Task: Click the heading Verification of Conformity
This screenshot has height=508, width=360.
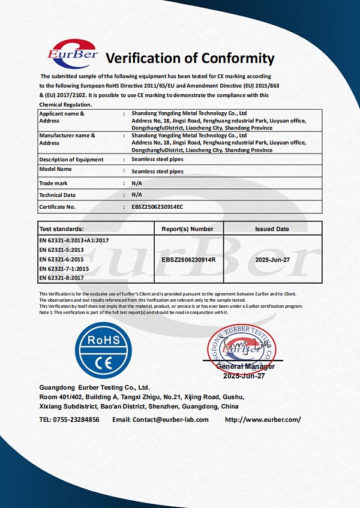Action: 190,58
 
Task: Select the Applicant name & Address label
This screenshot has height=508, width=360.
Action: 61,116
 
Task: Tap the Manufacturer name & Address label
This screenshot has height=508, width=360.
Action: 67,139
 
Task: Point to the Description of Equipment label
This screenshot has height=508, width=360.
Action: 71,160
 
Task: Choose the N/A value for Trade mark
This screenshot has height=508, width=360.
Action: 136,183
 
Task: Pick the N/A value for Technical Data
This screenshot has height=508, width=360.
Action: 136,195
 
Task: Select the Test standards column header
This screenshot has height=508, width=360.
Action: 62,229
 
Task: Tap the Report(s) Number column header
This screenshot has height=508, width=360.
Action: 187,229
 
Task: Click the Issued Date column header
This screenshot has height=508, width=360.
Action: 272,229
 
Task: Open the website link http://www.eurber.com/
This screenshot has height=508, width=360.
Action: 263,420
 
